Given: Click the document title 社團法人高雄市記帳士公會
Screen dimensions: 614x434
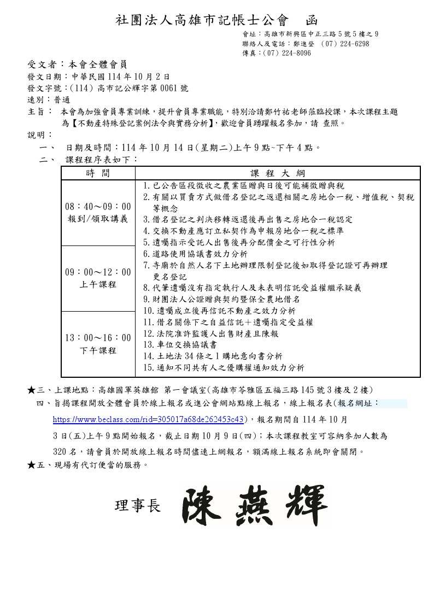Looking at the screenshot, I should click(201, 21).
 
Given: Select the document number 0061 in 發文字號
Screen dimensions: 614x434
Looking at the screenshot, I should click(162, 88).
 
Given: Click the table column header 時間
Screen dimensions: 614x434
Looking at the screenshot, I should click(98, 173).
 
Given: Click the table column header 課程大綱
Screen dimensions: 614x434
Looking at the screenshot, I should click(277, 173).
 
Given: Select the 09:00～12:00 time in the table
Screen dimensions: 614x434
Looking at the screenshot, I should click(98, 272).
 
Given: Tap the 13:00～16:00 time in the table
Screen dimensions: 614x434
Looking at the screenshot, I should click(98, 338).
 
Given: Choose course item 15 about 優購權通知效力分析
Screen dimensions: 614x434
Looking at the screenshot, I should click(223, 367).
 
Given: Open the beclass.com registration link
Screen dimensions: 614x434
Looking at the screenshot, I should click(148, 420).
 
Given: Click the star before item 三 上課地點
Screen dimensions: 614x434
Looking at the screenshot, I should click(31, 390).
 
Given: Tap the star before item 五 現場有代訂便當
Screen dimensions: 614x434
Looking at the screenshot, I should click(31, 465).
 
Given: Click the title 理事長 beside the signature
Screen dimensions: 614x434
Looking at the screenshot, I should click(138, 506).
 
